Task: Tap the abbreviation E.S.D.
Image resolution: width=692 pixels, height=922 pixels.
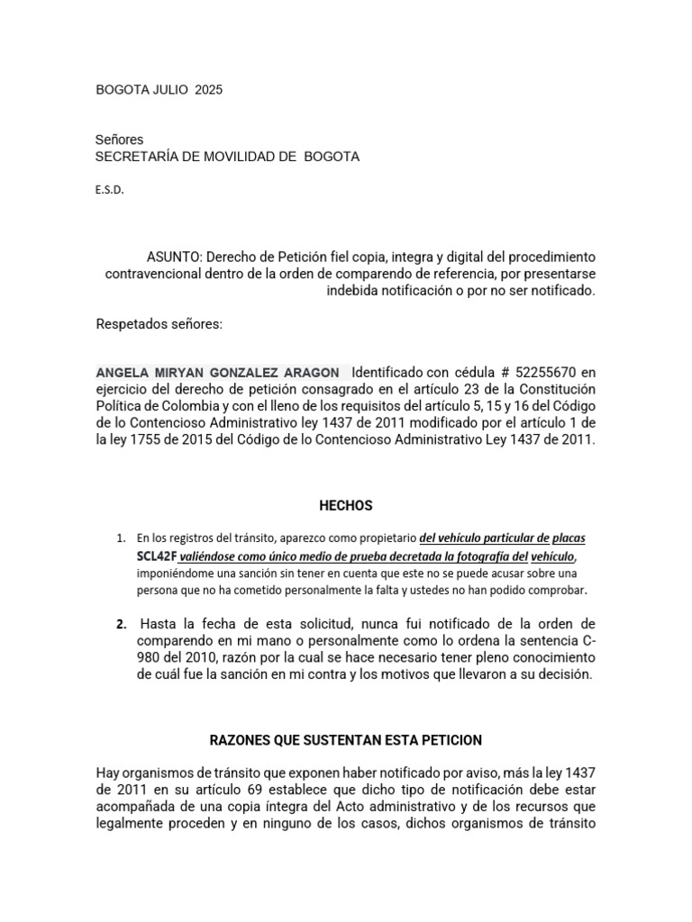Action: coord(109,190)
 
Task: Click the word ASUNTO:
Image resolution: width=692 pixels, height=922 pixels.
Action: coord(175,257)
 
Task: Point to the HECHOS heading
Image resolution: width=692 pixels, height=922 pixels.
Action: coord(346,506)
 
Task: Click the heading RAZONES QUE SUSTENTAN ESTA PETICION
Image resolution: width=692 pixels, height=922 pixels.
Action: coord(346,740)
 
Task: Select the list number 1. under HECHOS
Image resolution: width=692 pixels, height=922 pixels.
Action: coord(121,538)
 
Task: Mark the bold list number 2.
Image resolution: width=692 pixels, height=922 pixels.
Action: coord(122,624)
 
